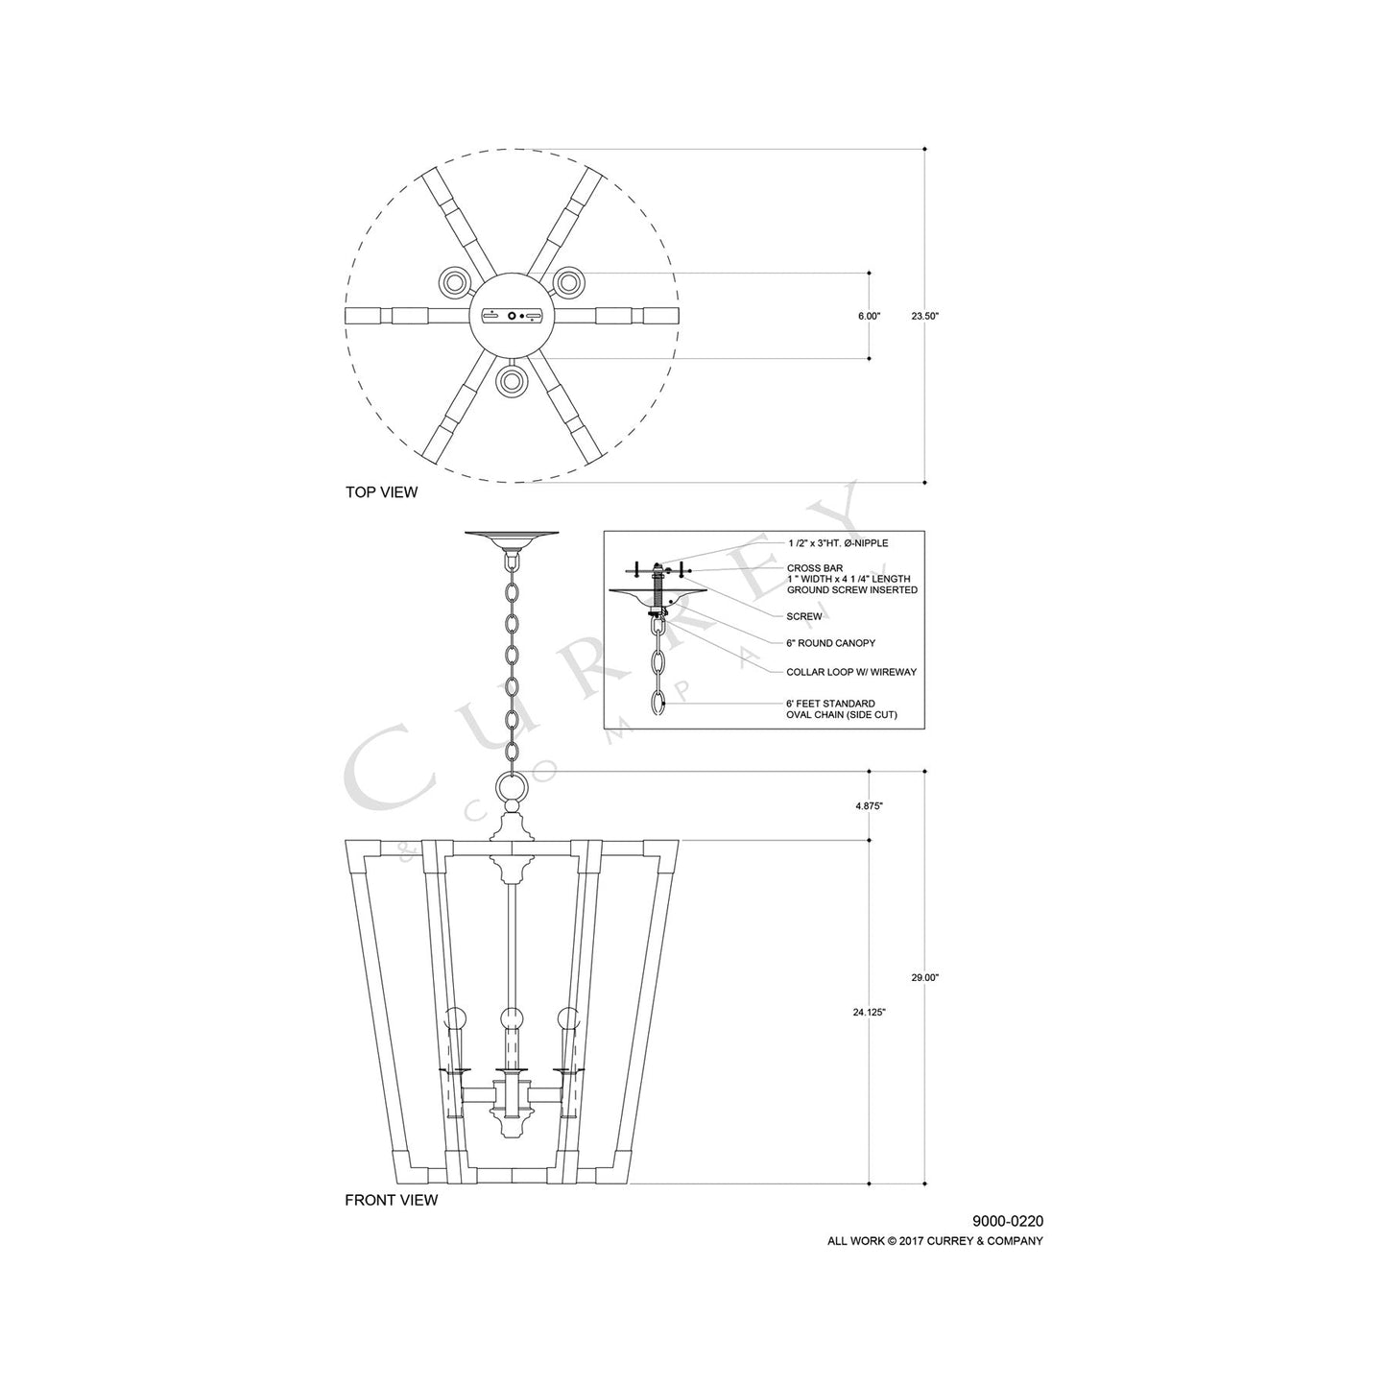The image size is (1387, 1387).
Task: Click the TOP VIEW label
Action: [x=381, y=492]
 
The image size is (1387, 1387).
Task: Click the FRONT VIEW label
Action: [x=391, y=1200]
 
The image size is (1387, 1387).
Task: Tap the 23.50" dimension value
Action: [x=924, y=316]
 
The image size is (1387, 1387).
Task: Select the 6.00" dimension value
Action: [x=869, y=316]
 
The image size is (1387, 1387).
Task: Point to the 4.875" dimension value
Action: [x=869, y=806]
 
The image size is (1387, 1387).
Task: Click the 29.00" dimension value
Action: [x=924, y=977]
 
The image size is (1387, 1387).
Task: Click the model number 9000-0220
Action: [x=1007, y=1222]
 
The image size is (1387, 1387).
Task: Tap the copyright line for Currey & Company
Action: [x=935, y=1241]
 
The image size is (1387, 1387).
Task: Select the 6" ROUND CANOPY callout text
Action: [x=830, y=643]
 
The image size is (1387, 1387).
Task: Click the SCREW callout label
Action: [x=803, y=616]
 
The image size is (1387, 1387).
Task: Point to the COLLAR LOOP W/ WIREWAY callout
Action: [x=850, y=672]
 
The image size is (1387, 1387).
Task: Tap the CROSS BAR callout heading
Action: [x=814, y=568]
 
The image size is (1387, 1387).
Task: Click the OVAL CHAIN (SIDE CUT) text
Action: [x=842, y=715]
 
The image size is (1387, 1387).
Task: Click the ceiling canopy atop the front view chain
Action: [x=513, y=538]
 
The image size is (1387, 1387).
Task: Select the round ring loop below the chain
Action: [x=513, y=789]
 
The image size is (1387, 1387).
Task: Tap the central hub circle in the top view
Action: [x=513, y=316]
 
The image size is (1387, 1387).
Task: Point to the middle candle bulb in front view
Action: [x=513, y=1017]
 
